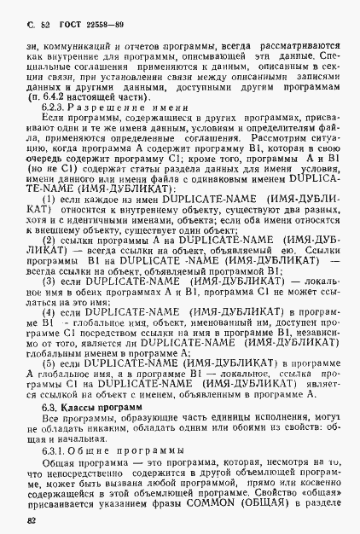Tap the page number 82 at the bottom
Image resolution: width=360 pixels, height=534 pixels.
(31, 518)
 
